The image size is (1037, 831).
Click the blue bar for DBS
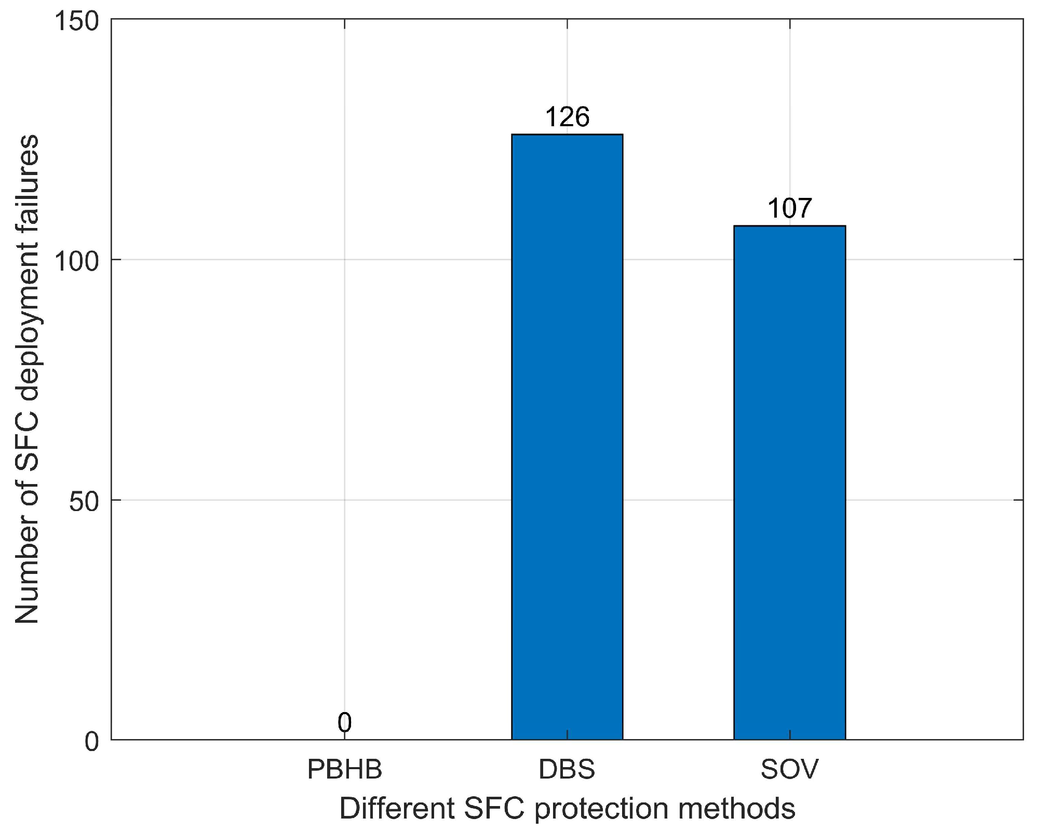567,436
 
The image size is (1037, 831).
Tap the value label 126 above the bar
567,117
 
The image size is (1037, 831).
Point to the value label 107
789,209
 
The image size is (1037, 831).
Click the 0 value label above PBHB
344,722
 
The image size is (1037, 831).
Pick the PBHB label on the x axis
344,769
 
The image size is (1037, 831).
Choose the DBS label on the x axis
567,769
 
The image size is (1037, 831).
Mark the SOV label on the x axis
789,769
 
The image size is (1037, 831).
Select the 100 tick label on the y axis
77,262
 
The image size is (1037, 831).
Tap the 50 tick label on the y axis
84,502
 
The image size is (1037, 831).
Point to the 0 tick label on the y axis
92,742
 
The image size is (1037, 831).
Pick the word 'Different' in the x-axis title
397,809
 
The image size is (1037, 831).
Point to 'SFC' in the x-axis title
493,809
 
